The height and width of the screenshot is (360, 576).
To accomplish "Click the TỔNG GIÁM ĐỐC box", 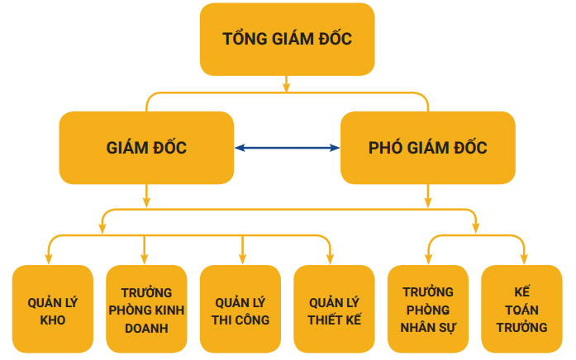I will (x=287, y=39).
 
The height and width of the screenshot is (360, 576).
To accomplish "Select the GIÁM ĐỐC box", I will (x=146, y=148).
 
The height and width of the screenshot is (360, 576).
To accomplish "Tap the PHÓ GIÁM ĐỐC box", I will (x=427, y=148).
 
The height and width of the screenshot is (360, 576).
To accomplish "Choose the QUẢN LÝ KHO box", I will (x=52, y=310).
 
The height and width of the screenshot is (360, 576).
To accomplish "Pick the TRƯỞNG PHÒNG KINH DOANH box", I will (x=145, y=310).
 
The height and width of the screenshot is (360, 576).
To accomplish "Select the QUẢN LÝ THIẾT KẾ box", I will (x=334, y=310).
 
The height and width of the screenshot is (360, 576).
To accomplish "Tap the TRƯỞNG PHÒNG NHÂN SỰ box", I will (x=428, y=310).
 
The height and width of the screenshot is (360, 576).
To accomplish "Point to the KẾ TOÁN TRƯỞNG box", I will (x=522, y=310).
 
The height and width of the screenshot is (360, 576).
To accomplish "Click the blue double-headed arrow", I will (x=287, y=148).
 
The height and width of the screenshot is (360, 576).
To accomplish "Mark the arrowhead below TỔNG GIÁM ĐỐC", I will (x=287, y=86).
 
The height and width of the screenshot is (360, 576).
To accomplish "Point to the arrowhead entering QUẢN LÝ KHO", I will (x=49, y=258).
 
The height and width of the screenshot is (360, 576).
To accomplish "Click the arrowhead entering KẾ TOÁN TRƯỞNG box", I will (x=523, y=258).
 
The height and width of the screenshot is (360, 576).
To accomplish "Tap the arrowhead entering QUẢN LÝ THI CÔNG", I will (x=242, y=258).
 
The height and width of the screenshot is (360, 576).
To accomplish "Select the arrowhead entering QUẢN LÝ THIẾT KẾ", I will (x=330, y=258).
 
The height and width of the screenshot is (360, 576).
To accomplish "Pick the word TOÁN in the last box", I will (x=522, y=310).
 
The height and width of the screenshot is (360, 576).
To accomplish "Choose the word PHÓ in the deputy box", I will (x=385, y=149).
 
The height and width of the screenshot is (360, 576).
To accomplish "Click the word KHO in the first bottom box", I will (x=52, y=320).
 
